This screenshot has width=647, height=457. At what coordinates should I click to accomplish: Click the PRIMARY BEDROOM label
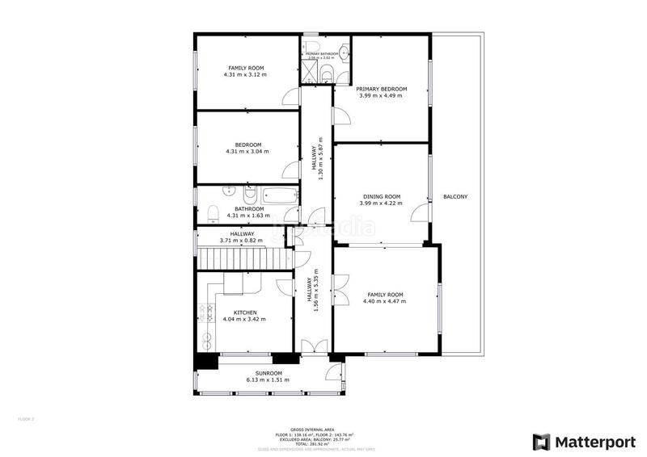click(381, 89)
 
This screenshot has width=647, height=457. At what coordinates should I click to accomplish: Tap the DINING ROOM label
click(381, 196)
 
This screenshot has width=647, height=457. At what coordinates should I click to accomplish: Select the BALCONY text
click(455, 197)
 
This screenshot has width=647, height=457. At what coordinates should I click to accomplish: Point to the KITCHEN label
click(245, 312)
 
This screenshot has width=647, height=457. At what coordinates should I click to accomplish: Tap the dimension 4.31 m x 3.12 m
click(245, 75)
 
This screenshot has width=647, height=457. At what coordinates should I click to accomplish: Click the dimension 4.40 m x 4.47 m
click(386, 301)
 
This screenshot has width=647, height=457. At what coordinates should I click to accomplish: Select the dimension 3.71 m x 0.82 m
click(242, 241)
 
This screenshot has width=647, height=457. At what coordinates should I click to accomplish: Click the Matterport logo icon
click(539, 442)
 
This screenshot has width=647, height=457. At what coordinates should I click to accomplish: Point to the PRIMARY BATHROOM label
click(322, 53)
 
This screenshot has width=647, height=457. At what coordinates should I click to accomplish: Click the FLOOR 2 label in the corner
click(27, 419)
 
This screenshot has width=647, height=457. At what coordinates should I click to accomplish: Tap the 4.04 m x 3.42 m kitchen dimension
click(245, 319)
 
